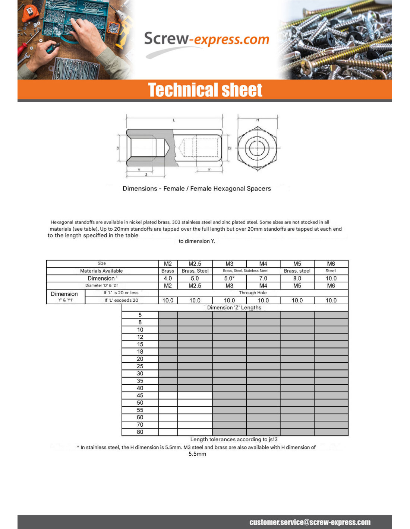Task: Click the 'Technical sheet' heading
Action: pyautogui.click(x=205, y=90)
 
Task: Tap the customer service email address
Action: pyautogui.click(x=310, y=522)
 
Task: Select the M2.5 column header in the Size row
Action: pyautogui.click(x=195, y=264)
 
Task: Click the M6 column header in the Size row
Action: pyautogui.click(x=331, y=264)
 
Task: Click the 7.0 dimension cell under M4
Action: pyautogui.click(x=263, y=278)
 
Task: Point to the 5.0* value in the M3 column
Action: pyautogui.click(x=229, y=278)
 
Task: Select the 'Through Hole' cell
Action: pyautogui.click(x=253, y=293)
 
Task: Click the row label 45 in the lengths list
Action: pyautogui.click(x=140, y=395)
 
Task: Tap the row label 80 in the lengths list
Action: pyautogui.click(x=140, y=432)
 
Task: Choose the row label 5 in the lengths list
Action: pyautogui.click(x=140, y=315)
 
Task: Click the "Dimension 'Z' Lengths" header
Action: pyautogui.click(x=234, y=308)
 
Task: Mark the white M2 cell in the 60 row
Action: pyautogui.click(x=168, y=417)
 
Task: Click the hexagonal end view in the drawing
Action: pyautogui.click(x=257, y=148)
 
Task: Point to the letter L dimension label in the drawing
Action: pyautogui.click(x=174, y=120)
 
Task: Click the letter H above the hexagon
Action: pyautogui.click(x=258, y=120)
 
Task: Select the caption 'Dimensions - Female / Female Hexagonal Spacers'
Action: pyautogui.click(x=197, y=189)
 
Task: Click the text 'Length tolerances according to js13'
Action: pyautogui.click(x=234, y=439)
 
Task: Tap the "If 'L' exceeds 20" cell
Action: pyautogui.click(x=121, y=300)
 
